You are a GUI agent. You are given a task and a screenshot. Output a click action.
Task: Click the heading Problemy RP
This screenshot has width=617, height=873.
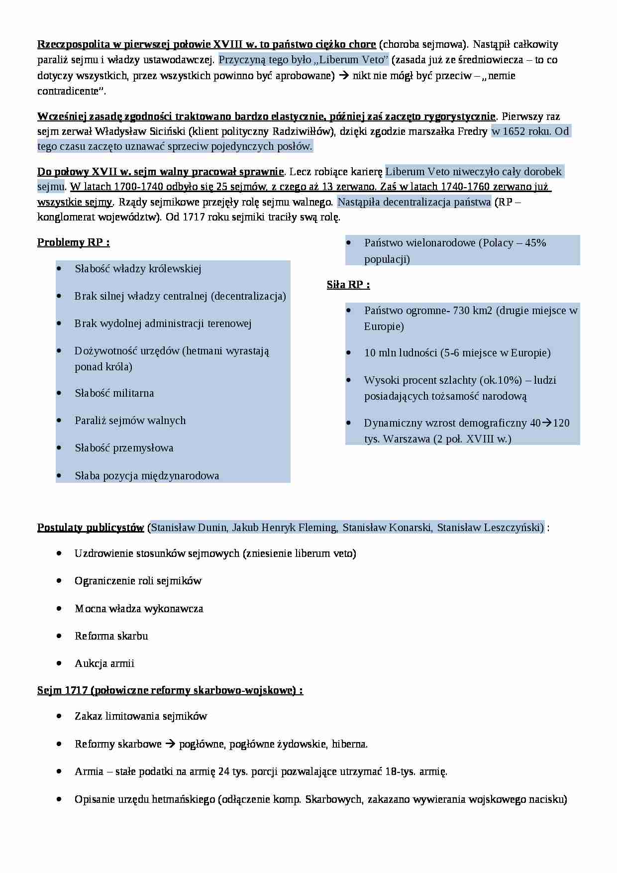[73, 242]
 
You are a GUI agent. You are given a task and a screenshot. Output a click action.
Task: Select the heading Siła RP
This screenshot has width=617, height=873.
[348, 285]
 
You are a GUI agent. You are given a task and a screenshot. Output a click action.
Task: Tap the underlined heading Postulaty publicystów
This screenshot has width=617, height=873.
[91, 528]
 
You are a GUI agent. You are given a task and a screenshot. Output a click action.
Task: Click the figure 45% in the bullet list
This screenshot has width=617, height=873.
[535, 243]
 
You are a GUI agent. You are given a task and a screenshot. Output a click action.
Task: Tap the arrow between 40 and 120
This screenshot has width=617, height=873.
[546, 423]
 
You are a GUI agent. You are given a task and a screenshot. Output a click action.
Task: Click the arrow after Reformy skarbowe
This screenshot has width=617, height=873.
[170, 744]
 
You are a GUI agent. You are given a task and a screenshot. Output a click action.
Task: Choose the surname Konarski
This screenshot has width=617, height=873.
[411, 528]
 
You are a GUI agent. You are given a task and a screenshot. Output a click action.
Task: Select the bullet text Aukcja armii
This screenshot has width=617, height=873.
[104, 663]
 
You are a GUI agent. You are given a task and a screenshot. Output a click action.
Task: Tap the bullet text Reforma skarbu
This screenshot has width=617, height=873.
[111, 636]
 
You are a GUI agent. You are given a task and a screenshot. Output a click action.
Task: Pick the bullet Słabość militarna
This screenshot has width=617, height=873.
[114, 393]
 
